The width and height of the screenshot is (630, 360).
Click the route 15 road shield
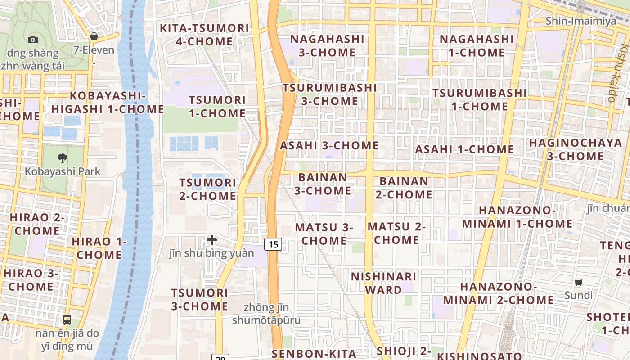(273, 244)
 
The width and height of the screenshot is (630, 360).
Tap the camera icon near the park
(33, 40)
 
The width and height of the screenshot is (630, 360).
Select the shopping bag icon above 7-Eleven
(94, 36)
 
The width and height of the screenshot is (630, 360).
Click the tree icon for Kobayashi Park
(63, 158)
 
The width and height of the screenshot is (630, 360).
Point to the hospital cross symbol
(212, 240)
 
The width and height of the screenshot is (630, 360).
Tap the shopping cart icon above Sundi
(579, 283)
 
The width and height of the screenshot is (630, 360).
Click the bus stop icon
(67, 320)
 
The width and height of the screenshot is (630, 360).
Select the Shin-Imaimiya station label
(581, 21)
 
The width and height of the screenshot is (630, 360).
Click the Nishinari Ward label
(384, 283)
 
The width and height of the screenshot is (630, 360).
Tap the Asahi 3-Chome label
(329, 146)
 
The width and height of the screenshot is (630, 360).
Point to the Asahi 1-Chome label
(464, 149)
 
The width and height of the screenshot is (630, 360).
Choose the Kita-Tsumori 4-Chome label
(205, 35)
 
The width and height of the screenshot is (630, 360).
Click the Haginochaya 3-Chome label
(576, 149)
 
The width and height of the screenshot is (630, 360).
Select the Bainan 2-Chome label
(404, 188)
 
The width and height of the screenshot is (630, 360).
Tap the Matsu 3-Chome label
(324, 234)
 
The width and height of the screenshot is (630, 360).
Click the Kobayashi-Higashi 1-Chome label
(108, 103)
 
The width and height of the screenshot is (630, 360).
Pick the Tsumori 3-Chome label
(199, 300)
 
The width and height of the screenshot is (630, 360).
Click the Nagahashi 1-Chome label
(477, 46)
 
